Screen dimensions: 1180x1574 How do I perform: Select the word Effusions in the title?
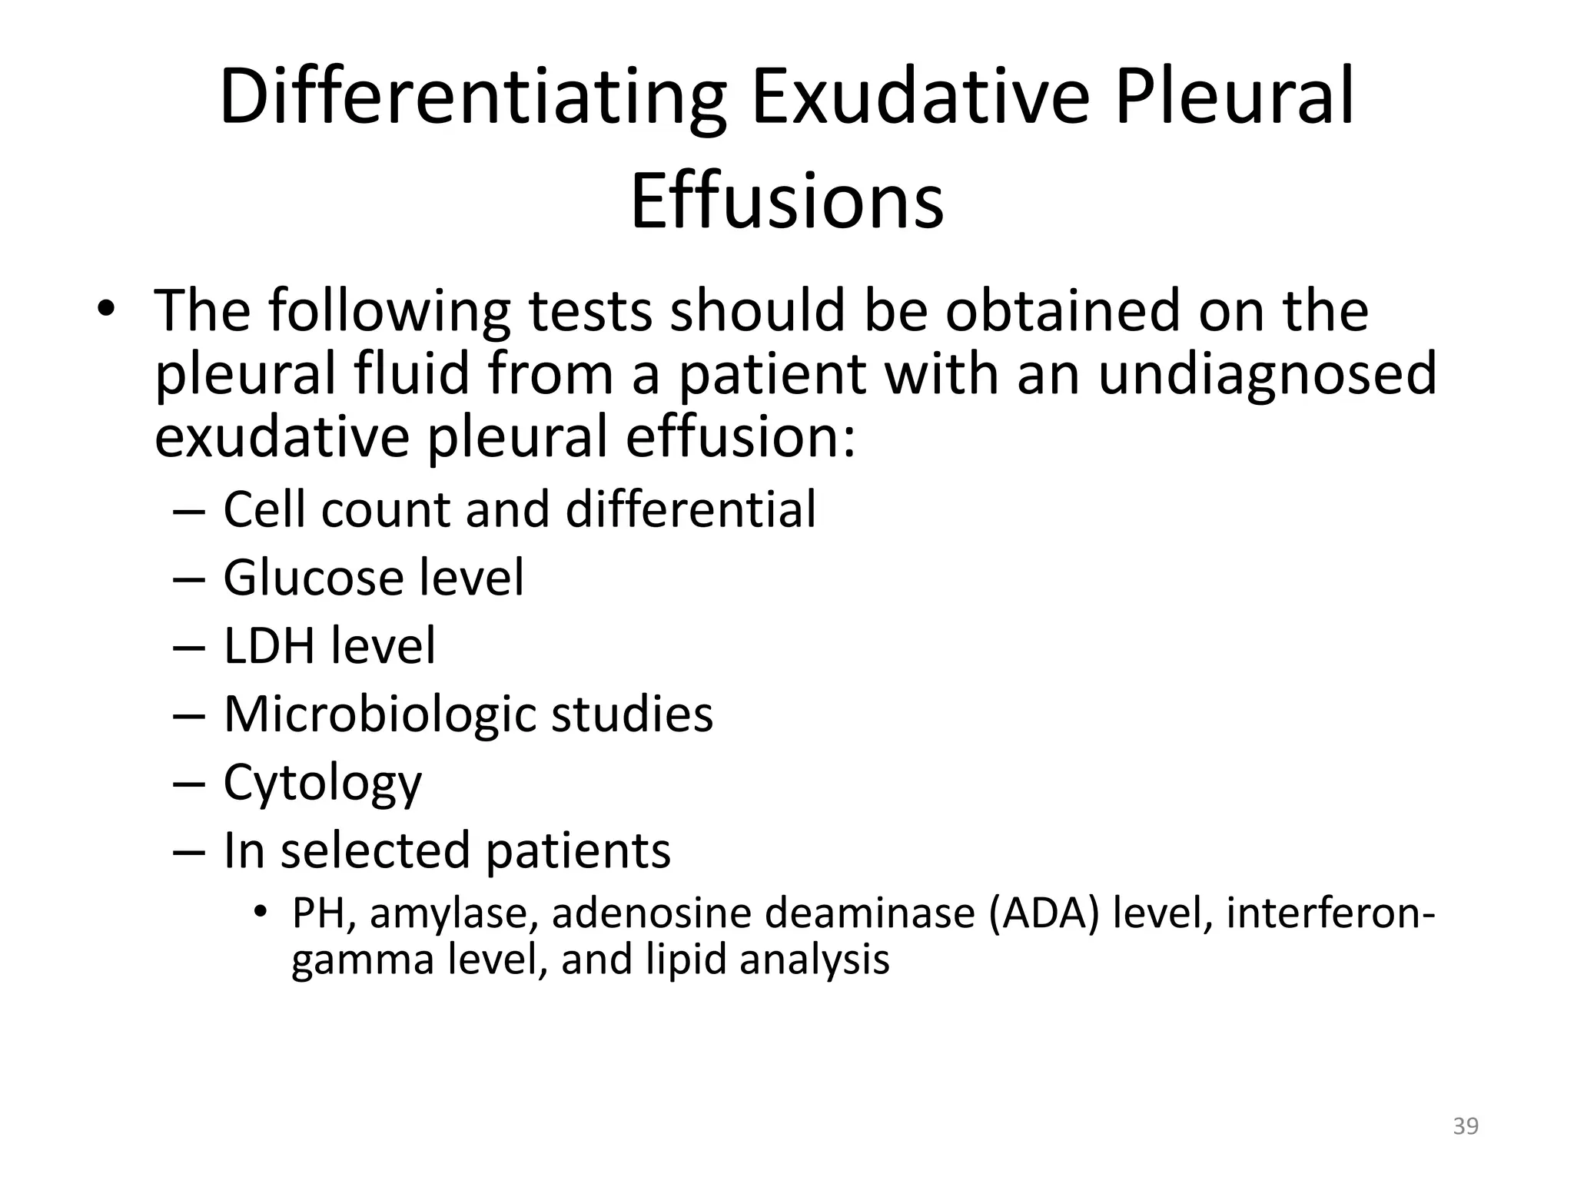click(787, 201)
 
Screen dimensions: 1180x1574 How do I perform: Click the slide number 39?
click(1466, 1126)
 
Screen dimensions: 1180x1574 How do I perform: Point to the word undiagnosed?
click(1267, 373)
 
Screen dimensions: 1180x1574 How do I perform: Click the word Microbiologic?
click(380, 714)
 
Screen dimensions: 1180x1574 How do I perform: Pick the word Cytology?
click(322, 784)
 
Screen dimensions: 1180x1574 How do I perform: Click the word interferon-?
click(1330, 913)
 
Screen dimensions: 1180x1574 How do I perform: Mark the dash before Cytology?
click(189, 784)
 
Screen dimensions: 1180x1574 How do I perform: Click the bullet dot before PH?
click(261, 912)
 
